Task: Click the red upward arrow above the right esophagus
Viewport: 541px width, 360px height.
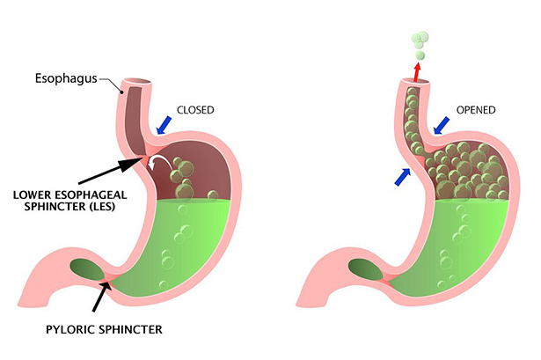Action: (417, 68)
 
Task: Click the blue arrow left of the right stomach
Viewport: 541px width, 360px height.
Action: (403, 176)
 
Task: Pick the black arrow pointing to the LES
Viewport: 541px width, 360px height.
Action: (101, 174)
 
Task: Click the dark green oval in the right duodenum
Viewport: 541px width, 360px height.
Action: (367, 269)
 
